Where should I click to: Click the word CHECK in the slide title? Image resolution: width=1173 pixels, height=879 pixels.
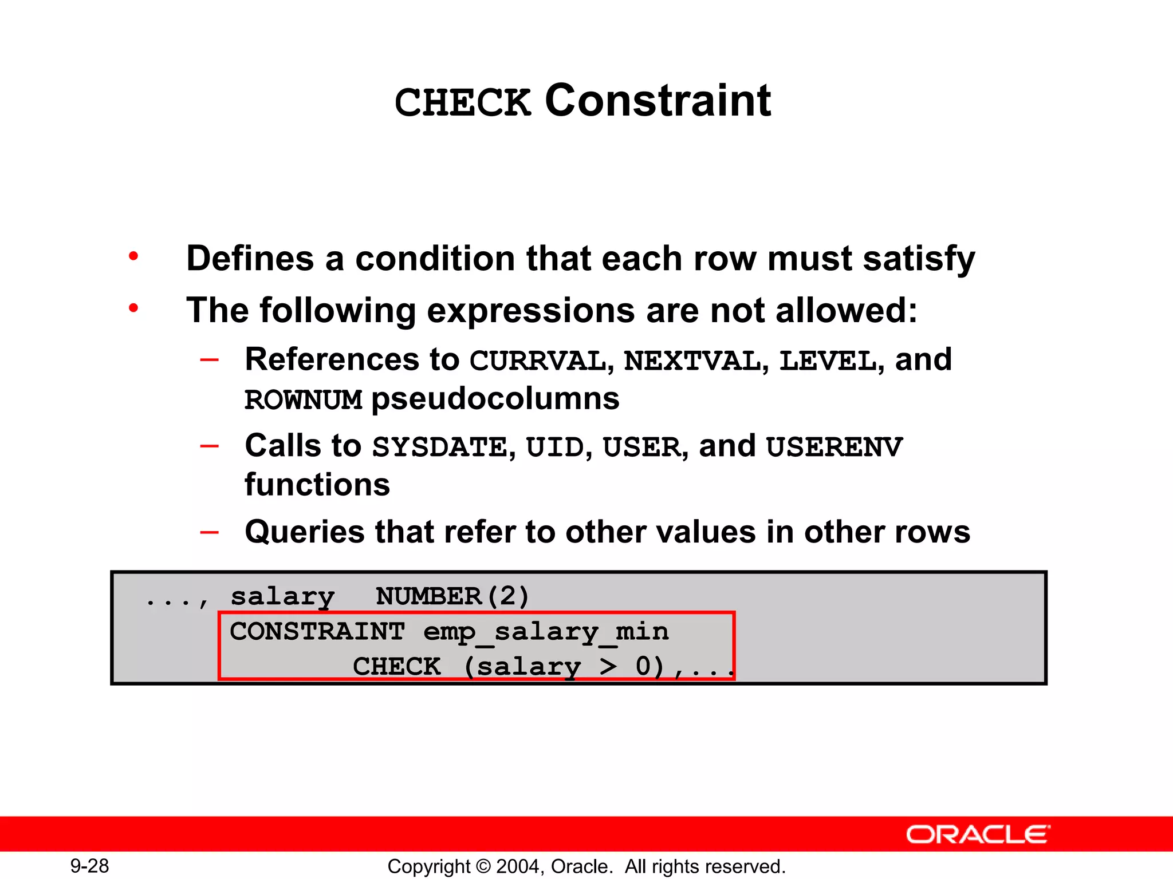tap(463, 103)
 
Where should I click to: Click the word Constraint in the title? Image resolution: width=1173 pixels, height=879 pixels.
tap(658, 101)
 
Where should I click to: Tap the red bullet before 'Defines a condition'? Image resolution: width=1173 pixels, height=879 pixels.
tap(133, 256)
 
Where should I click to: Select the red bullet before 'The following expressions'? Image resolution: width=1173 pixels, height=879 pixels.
tap(133, 308)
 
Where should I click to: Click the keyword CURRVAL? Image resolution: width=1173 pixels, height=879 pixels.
tap(537, 361)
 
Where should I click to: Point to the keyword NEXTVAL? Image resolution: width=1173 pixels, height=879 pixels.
tap(692, 361)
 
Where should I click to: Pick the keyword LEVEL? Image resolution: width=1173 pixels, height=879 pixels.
tap(828, 361)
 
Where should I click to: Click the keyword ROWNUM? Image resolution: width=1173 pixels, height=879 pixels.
tap(304, 400)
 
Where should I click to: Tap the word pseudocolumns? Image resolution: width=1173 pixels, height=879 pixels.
tap(495, 399)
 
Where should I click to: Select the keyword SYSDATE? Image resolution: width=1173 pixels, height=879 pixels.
tap(439, 448)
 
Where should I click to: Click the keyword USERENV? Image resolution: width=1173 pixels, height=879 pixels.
tap(834, 448)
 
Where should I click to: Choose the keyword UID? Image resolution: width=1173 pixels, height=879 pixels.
tap(554, 448)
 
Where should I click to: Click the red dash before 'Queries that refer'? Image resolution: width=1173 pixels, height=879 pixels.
tap(210, 532)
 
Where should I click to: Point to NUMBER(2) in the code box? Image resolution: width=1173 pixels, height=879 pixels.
tap(452, 596)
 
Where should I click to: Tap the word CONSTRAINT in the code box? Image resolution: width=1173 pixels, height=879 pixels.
tap(317, 632)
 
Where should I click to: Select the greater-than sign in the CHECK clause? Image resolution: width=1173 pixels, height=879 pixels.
tap(608, 667)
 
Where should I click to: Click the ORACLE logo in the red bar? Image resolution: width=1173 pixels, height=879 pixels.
tap(978, 835)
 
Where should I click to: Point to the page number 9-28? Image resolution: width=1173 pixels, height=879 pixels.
tap(90, 866)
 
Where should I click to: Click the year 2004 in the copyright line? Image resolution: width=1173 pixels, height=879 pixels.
tap(518, 866)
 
